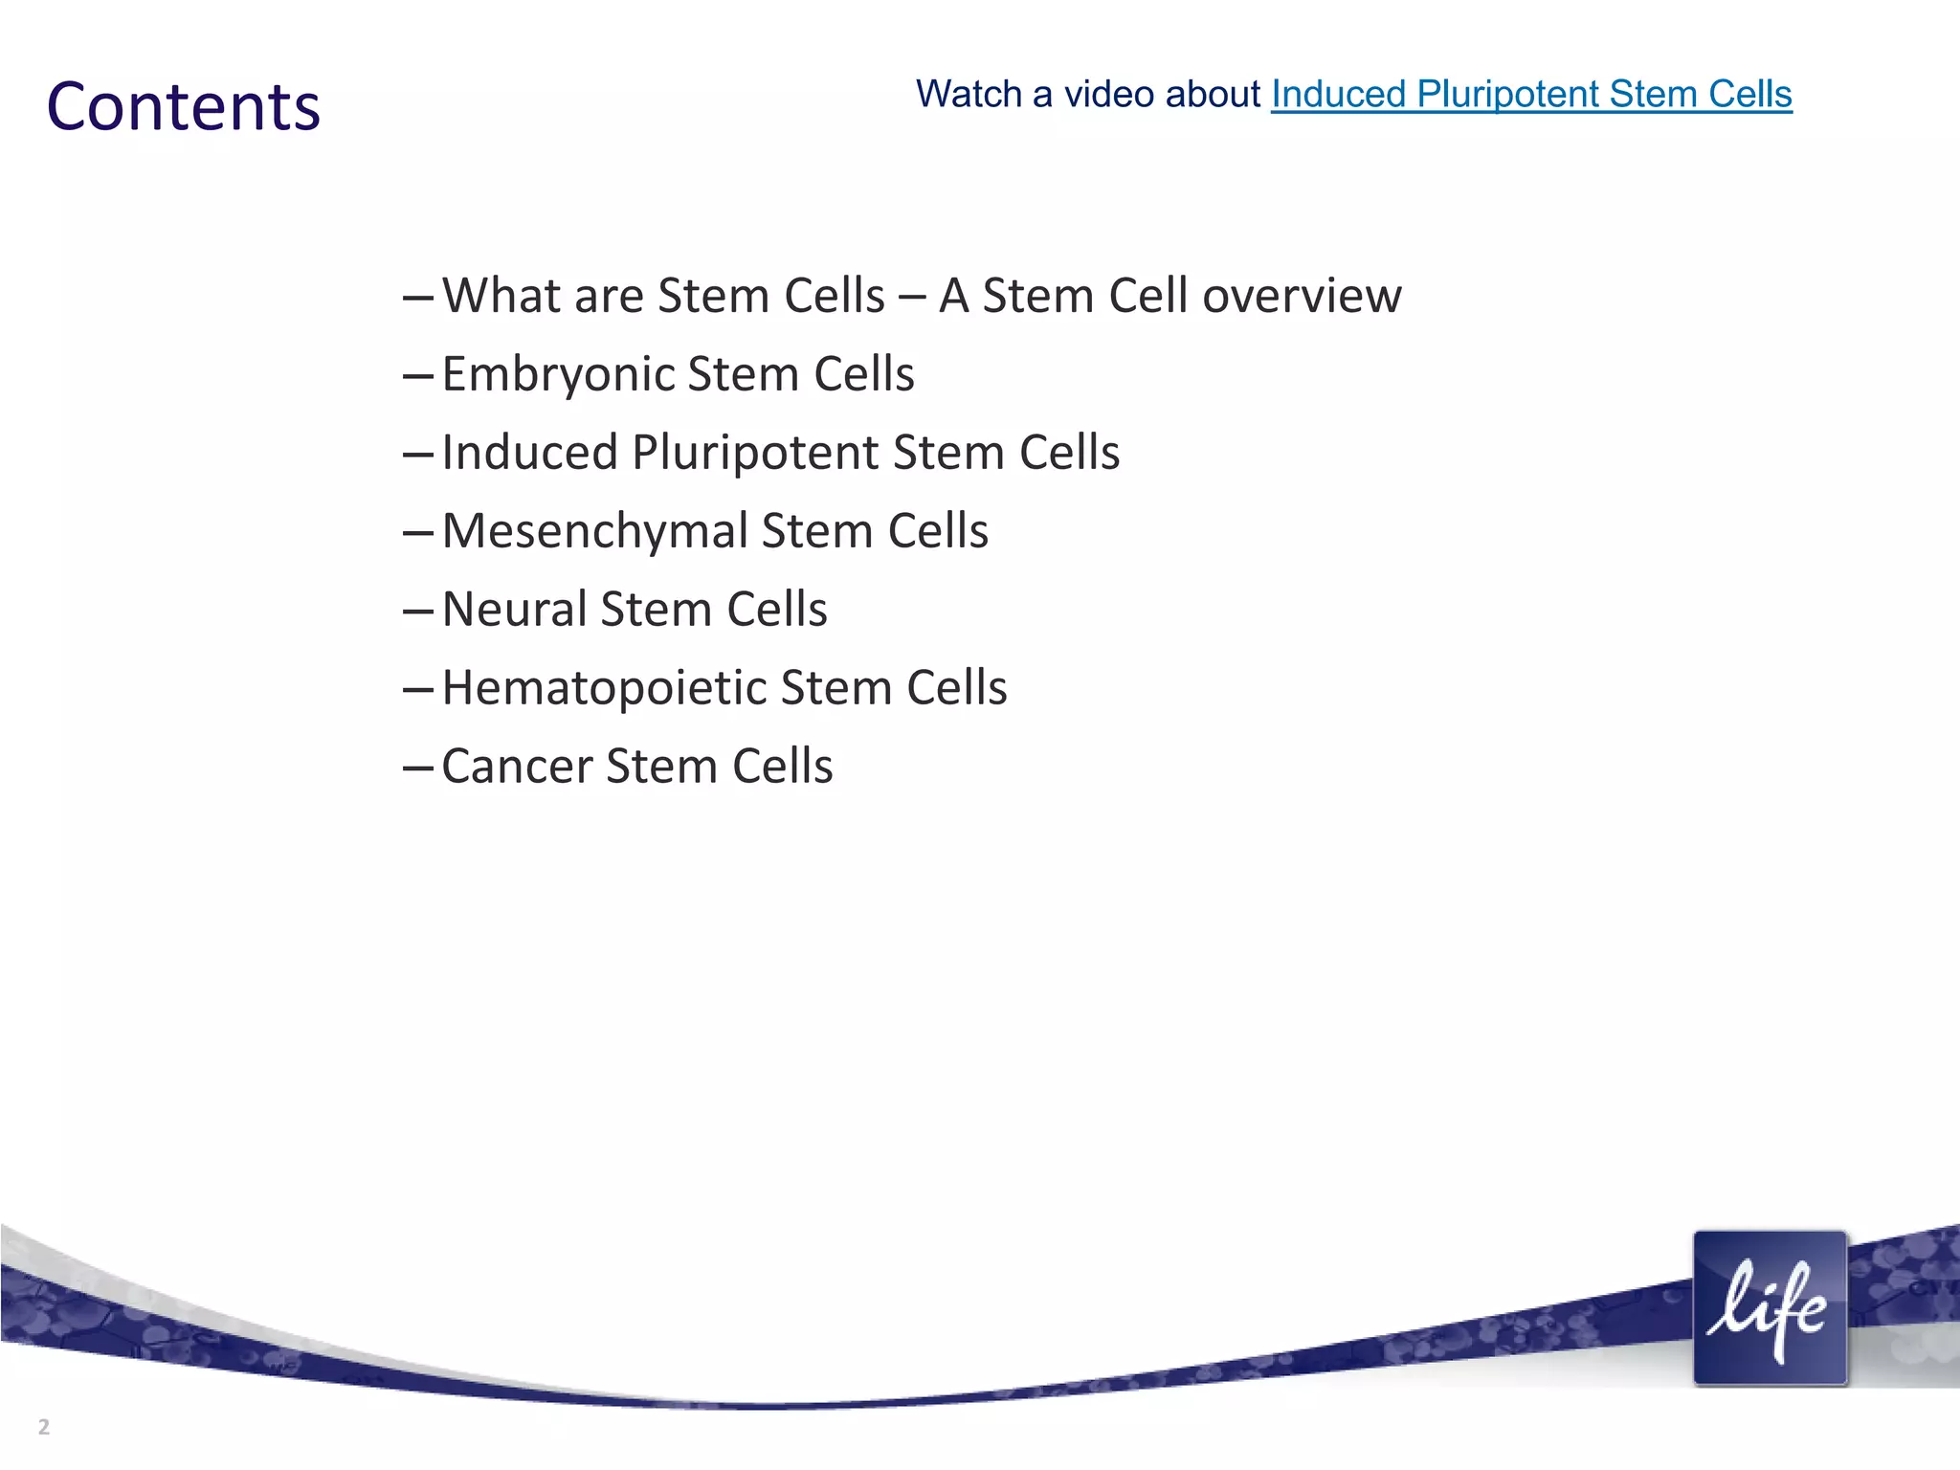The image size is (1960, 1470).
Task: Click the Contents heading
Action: pyautogui.click(x=183, y=106)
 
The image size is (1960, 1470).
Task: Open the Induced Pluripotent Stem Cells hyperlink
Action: pyautogui.click(x=1530, y=94)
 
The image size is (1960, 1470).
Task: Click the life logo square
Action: pyautogui.click(x=1769, y=1308)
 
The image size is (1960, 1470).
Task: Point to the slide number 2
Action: pyautogui.click(x=44, y=1427)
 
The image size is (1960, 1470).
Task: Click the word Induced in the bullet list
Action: pyautogui.click(x=529, y=453)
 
